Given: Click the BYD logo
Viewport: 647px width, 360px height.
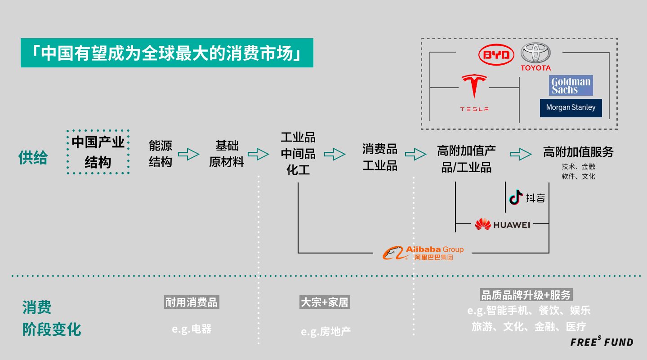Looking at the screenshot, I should [496, 55].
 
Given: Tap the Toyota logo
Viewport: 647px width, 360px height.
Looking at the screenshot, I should [535, 57].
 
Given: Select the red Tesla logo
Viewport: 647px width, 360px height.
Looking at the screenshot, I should [474, 93].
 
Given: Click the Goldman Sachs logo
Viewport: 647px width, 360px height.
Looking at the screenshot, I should [571, 85].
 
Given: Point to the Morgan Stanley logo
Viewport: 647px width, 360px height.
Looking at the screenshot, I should [571, 108].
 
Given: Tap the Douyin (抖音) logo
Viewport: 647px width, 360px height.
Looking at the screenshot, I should [527, 197].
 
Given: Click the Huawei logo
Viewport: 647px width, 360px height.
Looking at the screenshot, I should [502, 224].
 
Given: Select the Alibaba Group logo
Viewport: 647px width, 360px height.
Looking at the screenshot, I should [423, 253].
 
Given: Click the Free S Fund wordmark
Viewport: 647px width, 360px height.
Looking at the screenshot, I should [602, 342].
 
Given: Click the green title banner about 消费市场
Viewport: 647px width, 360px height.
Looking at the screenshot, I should [167, 53].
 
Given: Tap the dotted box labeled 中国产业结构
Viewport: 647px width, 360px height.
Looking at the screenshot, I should [98, 152].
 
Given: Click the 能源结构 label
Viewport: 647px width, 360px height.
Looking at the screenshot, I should [161, 154].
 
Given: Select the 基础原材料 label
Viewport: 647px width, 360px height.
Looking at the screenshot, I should [227, 154].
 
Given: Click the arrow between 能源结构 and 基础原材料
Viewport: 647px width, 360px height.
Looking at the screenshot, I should [188, 154].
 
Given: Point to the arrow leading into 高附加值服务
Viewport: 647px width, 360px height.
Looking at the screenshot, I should [521, 154].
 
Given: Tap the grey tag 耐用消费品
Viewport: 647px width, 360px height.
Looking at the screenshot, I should [192, 302].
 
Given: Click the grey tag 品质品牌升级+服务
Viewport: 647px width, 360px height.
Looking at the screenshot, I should [526, 295].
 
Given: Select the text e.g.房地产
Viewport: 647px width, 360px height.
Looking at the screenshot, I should [326, 332].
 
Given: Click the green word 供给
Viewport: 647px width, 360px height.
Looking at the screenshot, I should [33, 157].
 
